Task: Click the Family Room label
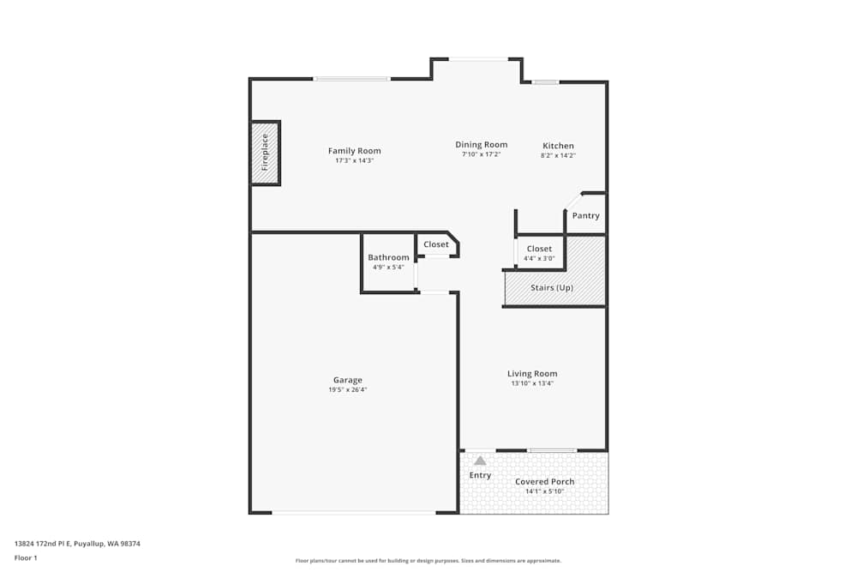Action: point(354,151)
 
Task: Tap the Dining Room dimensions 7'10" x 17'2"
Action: point(481,154)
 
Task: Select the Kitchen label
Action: point(558,146)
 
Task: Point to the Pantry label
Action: point(585,215)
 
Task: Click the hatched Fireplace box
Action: point(265,152)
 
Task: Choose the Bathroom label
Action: point(388,257)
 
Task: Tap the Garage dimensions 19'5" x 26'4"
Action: point(347,389)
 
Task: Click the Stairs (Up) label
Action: point(552,287)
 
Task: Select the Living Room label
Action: point(532,373)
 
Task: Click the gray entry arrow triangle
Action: point(480,461)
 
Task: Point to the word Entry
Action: point(480,475)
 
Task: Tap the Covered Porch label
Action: point(544,482)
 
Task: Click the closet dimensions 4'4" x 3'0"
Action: point(539,258)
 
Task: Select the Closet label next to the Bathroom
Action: point(435,244)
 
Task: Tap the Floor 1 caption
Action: point(26,557)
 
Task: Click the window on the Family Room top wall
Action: point(351,79)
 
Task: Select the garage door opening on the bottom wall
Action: point(354,513)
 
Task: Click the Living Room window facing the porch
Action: point(551,450)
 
